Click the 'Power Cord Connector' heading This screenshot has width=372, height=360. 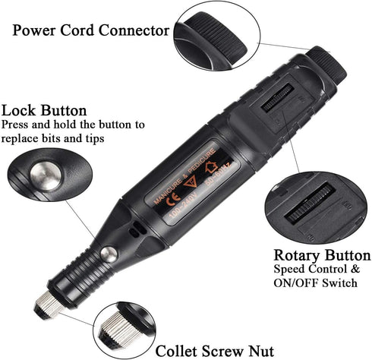click(x=90, y=31)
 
